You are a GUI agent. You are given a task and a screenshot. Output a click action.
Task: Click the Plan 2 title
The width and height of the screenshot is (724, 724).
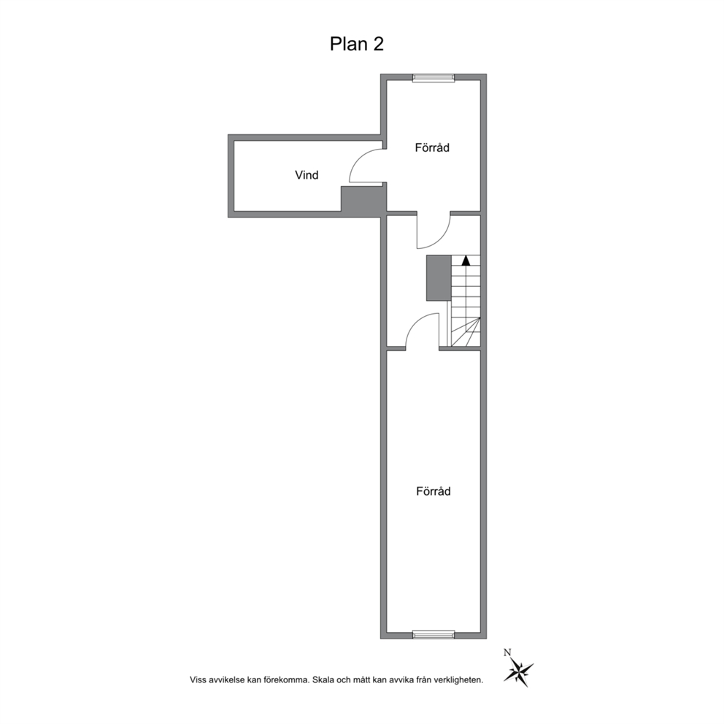(x=356, y=44)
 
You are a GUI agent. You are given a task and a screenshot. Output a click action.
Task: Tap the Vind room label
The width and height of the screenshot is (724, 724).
(x=307, y=175)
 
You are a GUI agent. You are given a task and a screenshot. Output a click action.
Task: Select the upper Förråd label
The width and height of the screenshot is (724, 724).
(x=432, y=147)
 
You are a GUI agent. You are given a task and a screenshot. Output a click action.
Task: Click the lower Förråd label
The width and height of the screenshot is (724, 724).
(x=433, y=491)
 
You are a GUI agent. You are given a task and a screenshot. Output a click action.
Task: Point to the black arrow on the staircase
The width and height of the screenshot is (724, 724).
(x=466, y=260)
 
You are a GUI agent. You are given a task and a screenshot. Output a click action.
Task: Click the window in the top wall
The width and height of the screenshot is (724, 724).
(x=434, y=77)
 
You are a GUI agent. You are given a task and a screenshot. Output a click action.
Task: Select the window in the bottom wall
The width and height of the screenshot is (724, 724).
(x=434, y=635)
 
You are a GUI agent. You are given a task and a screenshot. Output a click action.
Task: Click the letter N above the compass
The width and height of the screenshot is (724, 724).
(x=507, y=652)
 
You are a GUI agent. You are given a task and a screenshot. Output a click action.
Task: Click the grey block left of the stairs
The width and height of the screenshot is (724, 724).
(x=438, y=278)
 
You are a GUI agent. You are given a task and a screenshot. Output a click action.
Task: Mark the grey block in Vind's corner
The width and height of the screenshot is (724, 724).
(x=363, y=199)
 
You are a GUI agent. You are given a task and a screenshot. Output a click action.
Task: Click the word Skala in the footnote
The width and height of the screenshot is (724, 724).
(x=323, y=679)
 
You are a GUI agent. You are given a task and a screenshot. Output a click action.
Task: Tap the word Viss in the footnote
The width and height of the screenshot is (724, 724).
(x=197, y=679)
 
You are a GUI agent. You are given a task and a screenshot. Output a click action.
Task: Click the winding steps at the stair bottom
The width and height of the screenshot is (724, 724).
(x=466, y=332)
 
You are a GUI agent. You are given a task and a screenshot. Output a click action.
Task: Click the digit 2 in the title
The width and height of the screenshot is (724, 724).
(x=379, y=45)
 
